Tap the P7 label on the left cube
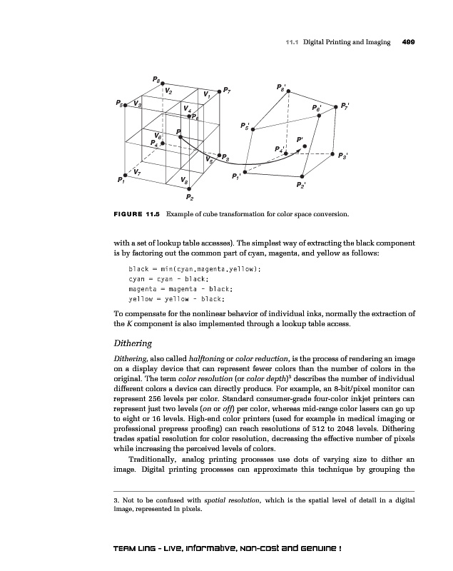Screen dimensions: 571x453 coord(225,91)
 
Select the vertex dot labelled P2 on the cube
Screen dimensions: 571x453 coord(188,188)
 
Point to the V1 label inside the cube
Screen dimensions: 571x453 coord(206,94)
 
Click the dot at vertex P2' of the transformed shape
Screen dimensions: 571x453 coord(303,174)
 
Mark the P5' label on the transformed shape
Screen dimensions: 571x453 coord(246,126)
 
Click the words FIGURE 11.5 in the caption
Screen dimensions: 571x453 coord(137,213)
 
